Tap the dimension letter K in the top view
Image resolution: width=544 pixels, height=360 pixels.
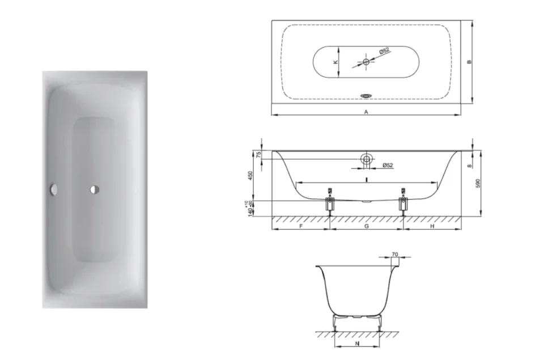335,61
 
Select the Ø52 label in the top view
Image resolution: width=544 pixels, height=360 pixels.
384,52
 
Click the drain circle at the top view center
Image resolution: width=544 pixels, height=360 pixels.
366,61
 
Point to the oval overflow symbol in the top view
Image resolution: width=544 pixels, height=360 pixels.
366,96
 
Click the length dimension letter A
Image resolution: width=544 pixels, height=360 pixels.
366,112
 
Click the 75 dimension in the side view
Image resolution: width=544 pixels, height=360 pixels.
258,154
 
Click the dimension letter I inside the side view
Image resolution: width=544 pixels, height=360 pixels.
367,179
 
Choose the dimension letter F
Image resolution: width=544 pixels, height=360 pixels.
301,226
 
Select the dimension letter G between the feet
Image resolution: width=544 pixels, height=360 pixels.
367,226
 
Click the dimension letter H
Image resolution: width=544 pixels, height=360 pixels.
432,226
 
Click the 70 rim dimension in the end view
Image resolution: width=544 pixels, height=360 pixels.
394,254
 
